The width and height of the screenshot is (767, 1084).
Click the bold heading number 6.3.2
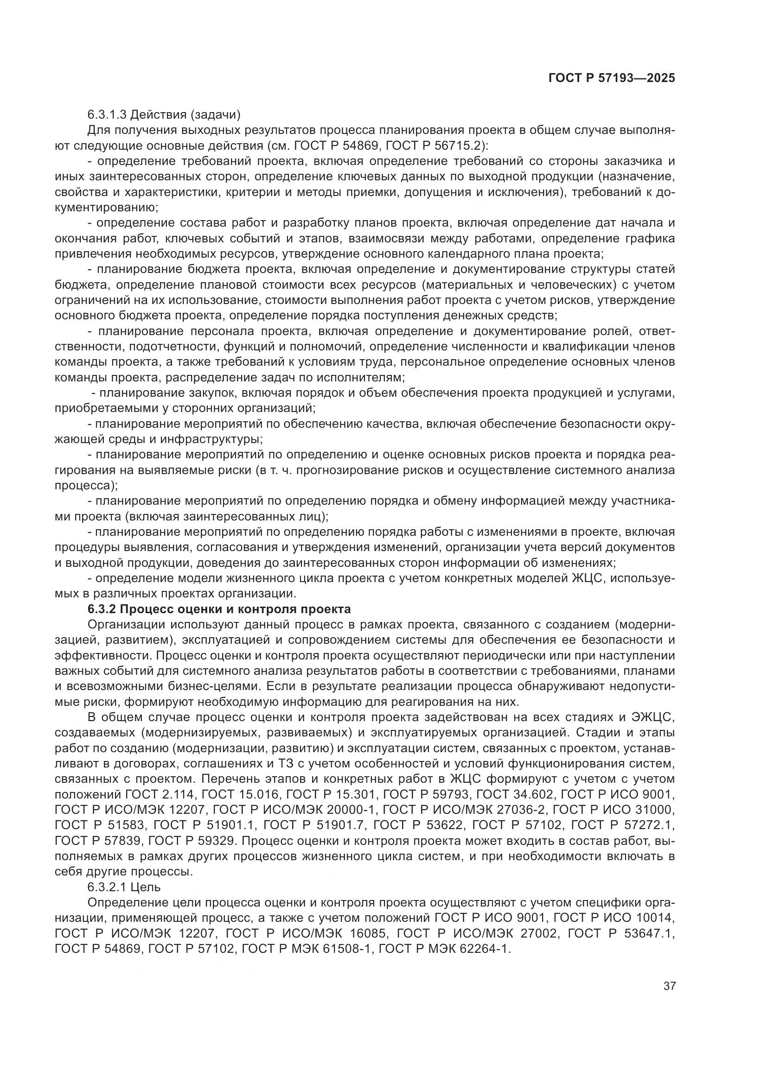(x=102, y=609)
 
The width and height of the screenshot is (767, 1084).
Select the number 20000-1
(x=346, y=810)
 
